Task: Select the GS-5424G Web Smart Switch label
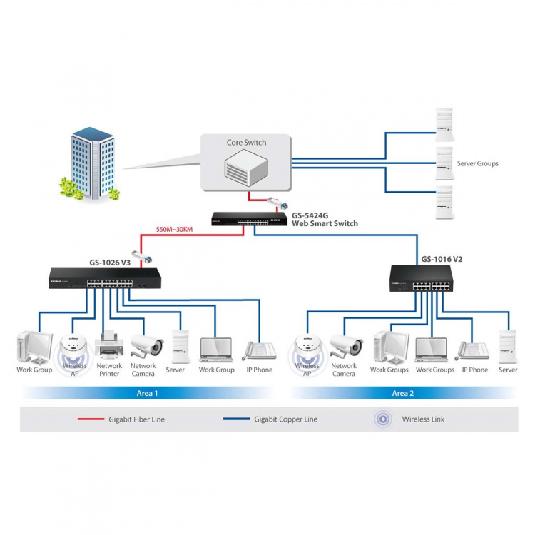325,219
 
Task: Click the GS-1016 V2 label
442,259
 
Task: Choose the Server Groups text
477,163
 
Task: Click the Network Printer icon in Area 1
109,346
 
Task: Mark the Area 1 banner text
147,393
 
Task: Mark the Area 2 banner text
403,393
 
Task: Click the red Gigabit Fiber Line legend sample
91,419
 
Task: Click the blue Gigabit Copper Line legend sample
235,419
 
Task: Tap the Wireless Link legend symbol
383,419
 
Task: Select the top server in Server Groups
444,121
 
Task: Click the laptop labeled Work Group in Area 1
216,348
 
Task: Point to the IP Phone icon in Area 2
474,350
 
